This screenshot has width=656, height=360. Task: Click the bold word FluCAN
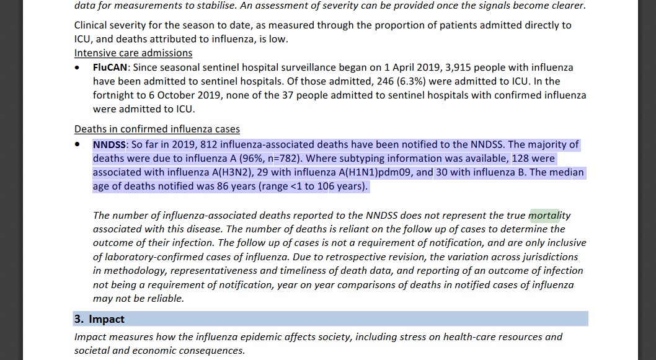pyautogui.click(x=111, y=67)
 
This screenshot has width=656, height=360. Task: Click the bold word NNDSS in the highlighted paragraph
pyautogui.click(x=109, y=144)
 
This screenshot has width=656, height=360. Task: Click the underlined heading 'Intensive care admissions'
pyautogui.click(x=133, y=53)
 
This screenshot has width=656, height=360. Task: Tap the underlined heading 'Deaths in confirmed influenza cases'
pyautogui.click(x=157, y=129)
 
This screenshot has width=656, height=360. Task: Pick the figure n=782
pyautogui.click(x=290, y=158)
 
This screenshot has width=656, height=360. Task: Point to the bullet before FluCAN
pyautogui.click(x=77, y=68)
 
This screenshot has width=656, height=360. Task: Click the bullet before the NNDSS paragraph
pyautogui.click(x=77, y=145)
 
